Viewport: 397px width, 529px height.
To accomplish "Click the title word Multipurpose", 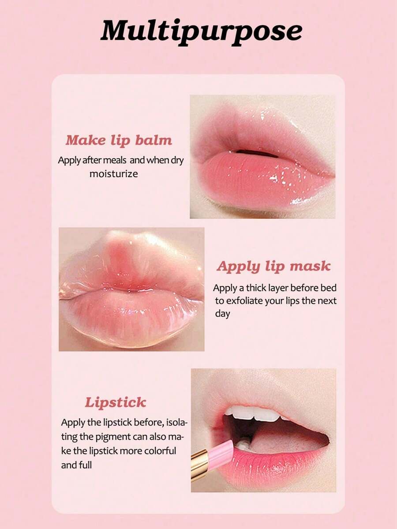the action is coord(201,31).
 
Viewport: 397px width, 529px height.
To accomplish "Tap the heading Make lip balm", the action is coord(119,140).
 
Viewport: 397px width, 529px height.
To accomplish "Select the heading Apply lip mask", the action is coord(273,266).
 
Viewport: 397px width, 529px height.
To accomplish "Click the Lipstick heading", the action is coord(116,402).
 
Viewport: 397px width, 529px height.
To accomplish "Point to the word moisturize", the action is coord(114,174).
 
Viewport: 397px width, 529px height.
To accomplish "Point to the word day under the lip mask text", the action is coord(223,314).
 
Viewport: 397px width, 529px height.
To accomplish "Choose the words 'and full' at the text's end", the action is coord(77,465).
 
